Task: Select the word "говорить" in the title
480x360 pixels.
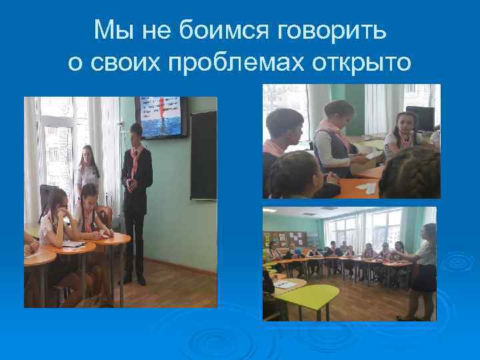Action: tap(327, 31)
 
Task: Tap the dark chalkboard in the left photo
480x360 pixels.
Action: tap(203, 155)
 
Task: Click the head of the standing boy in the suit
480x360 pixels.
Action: tap(136, 131)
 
